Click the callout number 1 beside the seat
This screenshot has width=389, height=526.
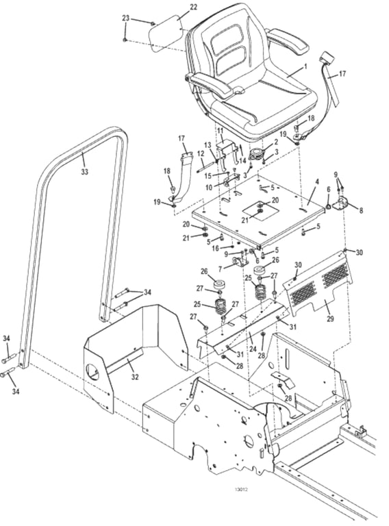coord(305,66)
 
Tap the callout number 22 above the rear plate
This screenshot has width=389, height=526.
coord(194,7)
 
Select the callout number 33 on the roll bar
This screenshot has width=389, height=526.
coord(84,172)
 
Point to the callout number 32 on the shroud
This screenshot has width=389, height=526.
coord(134,377)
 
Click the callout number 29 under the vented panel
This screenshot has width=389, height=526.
coord(330,318)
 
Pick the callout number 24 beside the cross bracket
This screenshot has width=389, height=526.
coord(253,349)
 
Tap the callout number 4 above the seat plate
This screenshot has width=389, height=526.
coord(317,181)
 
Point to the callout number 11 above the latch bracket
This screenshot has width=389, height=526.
coord(220,130)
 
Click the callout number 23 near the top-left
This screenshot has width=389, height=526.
coord(125,18)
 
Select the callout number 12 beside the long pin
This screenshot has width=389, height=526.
coord(201,153)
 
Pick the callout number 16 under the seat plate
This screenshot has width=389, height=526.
coord(215,248)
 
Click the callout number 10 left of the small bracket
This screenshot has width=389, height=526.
coord(209,188)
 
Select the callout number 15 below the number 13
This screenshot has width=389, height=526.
coord(208,176)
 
